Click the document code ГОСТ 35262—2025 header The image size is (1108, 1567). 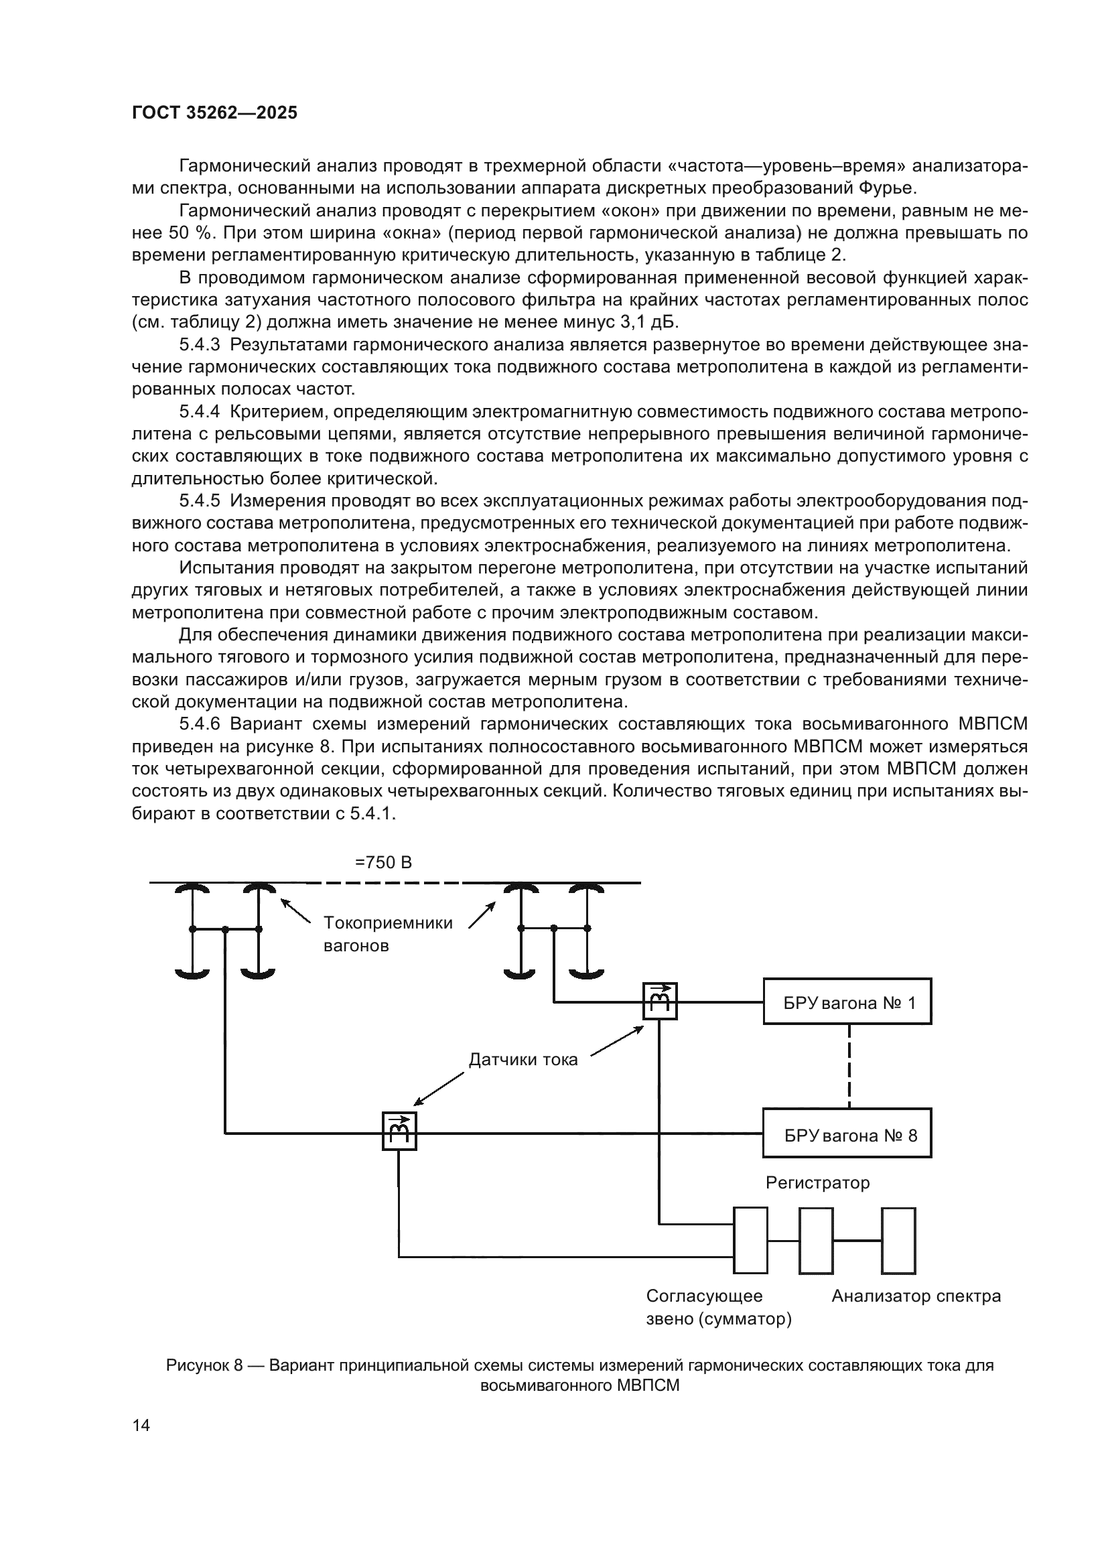(x=214, y=113)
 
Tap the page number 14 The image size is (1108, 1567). (x=141, y=1425)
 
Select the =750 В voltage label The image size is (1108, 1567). (x=383, y=863)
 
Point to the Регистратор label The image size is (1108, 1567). (x=817, y=1182)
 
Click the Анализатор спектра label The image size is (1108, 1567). (x=916, y=1296)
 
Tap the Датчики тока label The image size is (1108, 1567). (x=523, y=1059)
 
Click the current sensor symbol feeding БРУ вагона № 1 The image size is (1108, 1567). (x=660, y=1001)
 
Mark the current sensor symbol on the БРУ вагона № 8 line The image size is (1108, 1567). (x=399, y=1132)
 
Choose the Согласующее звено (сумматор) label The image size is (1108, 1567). (x=717, y=1307)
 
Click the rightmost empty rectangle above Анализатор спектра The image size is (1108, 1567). (x=898, y=1241)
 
